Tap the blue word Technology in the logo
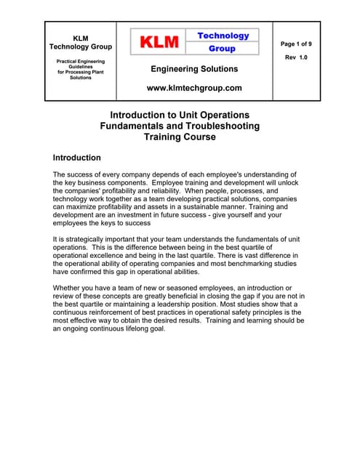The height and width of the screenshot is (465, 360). [x=223, y=36]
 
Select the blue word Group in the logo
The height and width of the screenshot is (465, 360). [x=222, y=49]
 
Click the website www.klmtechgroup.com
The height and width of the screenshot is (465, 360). [x=193, y=88]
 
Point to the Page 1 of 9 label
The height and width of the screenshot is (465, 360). [x=296, y=44]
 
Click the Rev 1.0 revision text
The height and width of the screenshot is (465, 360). [x=296, y=57]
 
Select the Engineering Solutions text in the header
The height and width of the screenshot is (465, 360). [x=193, y=69]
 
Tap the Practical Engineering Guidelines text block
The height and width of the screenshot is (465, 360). [x=81, y=70]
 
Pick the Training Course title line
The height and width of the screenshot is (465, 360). [x=179, y=137]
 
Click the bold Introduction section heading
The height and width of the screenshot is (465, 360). [x=77, y=158]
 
